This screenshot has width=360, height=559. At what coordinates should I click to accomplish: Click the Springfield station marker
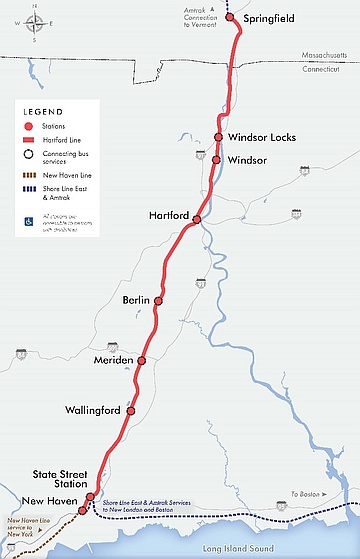pyautogui.click(x=229, y=17)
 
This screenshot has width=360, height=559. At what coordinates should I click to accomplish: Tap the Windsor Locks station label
pyautogui.click(x=261, y=137)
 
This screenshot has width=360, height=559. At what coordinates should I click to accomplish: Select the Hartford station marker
pyautogui.click(x=197, y=219)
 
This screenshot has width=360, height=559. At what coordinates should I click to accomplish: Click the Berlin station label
pyautogui.click(x=135, y=300)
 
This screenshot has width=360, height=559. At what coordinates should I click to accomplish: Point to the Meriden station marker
pyautogui.click(x=142, y=360)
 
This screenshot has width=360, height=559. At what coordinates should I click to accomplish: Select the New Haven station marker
pyautogui.click(x=82, y=510)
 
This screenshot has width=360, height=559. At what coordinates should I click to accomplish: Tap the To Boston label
pyautogui.click(x=305, y=495)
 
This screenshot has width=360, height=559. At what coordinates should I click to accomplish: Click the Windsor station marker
pyautogui.click(x=216, y=158)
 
